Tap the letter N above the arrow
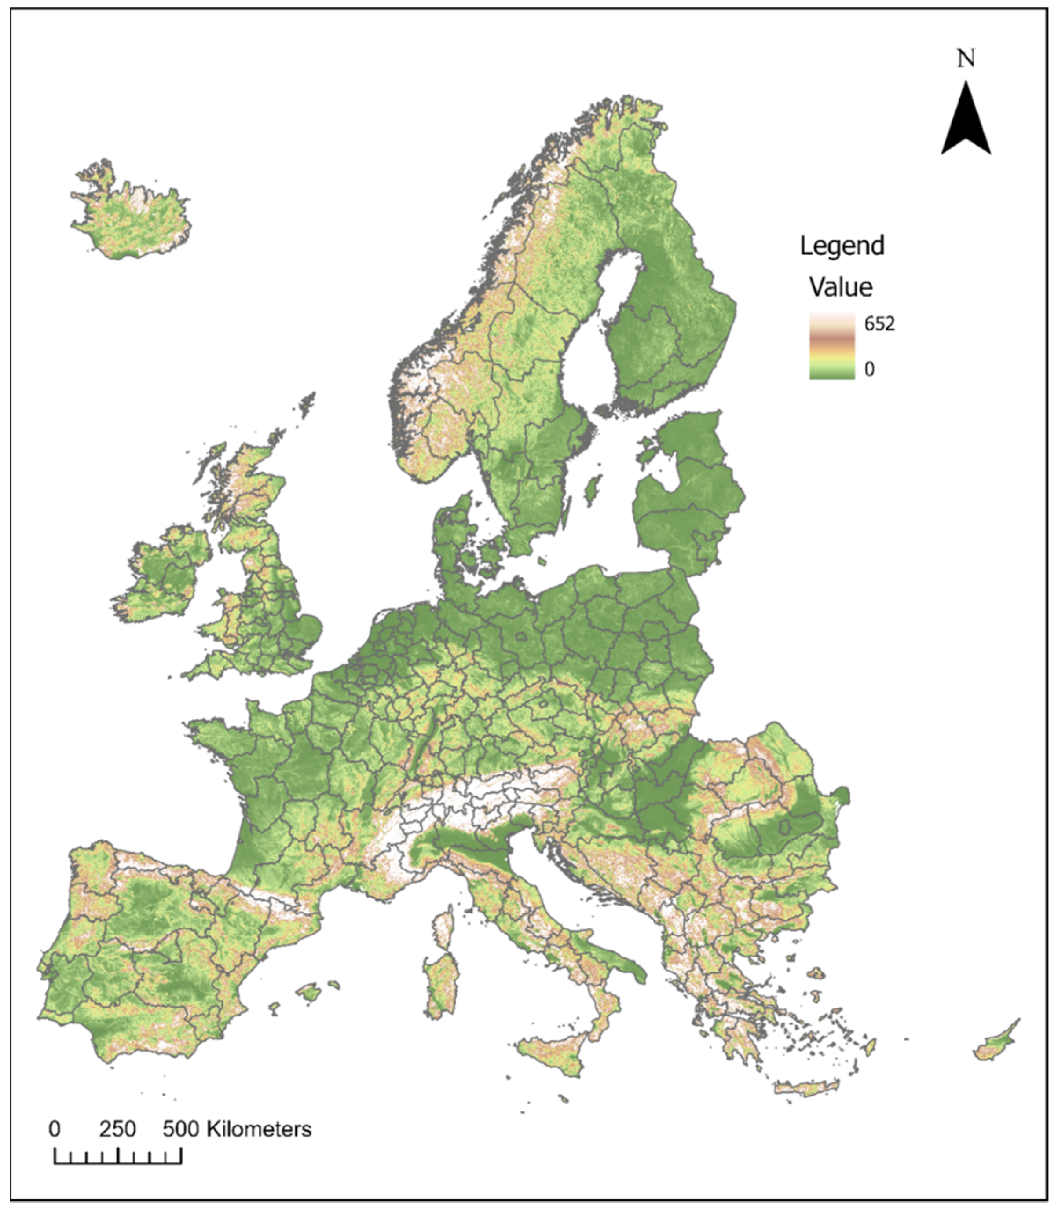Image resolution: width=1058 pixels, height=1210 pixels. tap(966, 59)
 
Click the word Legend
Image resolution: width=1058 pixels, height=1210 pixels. tap(842, 246)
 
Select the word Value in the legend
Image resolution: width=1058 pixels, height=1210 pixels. tap(841, 287)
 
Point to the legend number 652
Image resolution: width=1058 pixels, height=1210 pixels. tap(879, 323)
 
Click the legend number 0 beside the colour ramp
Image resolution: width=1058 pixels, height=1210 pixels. tap(869, 369)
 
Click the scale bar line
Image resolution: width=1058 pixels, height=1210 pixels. tap(117, 1163)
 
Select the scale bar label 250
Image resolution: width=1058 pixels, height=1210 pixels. tap(117, 1129)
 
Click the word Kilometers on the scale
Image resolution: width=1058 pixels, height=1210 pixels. tap(259, 1129)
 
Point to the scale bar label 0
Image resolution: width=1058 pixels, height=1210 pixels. tap(54, 1129)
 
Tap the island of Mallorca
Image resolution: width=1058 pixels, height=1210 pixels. tap(308, 992)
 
